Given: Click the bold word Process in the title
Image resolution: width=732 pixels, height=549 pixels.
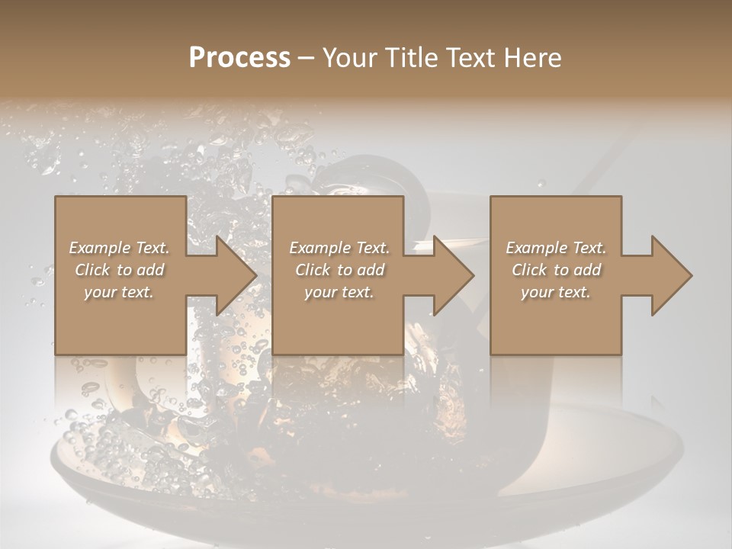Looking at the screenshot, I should pyautogui.click(x=239, y=58).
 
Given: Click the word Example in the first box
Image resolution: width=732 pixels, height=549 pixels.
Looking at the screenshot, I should pyautogui.click(x=100, y=248).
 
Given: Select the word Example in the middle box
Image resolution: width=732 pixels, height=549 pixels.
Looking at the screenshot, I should pyautogui.click(x=320, y=248).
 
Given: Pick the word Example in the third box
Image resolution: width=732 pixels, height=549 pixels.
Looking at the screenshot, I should pyautogui.click(x=537, y=248).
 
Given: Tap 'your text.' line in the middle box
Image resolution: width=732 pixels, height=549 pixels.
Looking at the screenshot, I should pyautogui.click(x=339, y=292).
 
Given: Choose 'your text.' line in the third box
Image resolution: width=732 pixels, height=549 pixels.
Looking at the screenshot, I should pyautogui.click(x=555, y=292).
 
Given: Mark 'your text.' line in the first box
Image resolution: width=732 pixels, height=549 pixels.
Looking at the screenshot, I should pyautogui.click(x=118, y=292).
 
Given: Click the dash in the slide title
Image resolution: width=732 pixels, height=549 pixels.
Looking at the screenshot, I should pyautogui.click(x=306, y=59).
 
